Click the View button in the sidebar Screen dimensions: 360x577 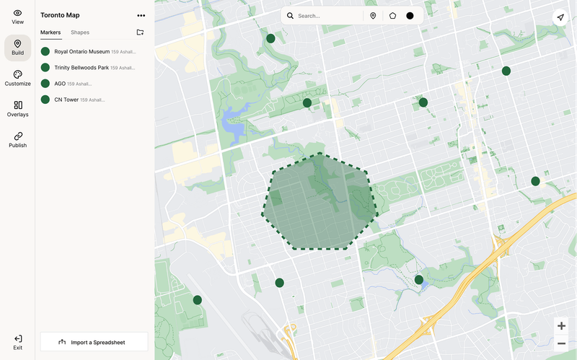[17, 17]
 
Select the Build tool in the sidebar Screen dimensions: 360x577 [17, 48]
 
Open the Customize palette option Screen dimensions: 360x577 [17, 79]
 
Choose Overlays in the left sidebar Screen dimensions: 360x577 [17, 109]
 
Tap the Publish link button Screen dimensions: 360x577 [17, 140]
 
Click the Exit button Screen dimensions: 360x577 [17, 342]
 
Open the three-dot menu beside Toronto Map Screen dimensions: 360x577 [141, 15]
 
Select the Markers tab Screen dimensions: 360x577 [50, 32]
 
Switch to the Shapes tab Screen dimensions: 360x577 [80, 32]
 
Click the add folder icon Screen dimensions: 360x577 [140, 32]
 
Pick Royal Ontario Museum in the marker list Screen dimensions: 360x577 [82, 51]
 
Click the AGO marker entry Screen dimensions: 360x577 [60, 84]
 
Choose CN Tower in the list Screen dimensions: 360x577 [66, 100]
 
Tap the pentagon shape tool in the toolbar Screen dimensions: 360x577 [392, 16]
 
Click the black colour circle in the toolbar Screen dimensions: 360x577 [410, 16]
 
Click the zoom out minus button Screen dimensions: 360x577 [561, 343]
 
